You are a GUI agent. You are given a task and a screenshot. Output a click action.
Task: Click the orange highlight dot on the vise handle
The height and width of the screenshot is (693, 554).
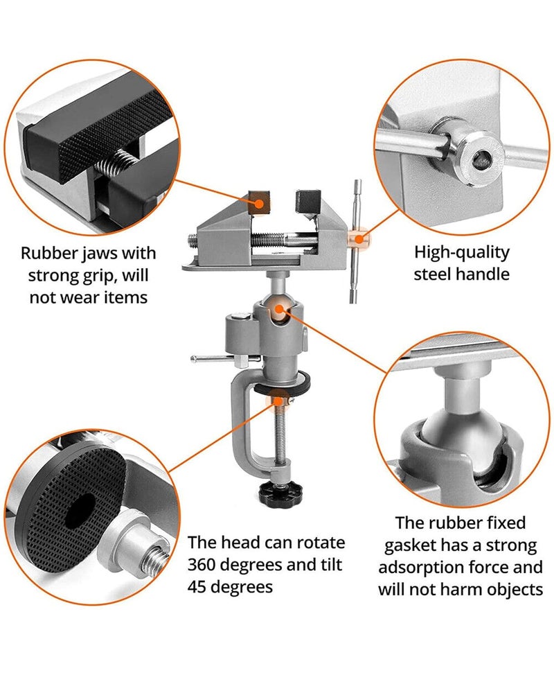[359, 239]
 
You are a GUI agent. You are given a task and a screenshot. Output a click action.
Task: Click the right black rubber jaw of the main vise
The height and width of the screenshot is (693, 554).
[306, 201]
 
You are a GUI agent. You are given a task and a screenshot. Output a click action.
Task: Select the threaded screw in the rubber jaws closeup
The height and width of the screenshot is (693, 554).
[114, 166]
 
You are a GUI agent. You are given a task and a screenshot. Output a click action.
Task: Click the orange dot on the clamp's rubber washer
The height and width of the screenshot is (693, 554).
[279, 396]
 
